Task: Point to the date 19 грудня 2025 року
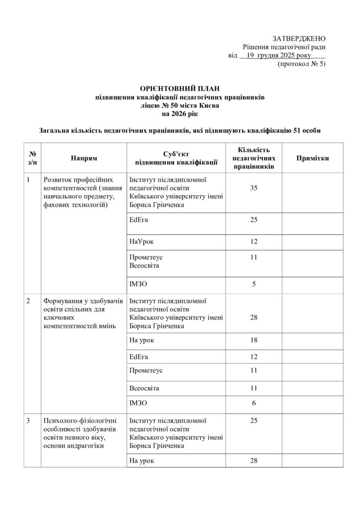click(x=275, y=56)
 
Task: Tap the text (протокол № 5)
click(x=301, y=64)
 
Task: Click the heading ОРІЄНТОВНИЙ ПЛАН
click(x=180, y=88)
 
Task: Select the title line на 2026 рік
click(x=180, y=114)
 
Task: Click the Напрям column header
click(x=84, y=158)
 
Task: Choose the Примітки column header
click(x=312, y=158)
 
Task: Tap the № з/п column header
click(x=32, y=158)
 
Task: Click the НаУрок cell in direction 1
click(x=141, y=241)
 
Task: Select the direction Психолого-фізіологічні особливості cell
click(x=79, y=433)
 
